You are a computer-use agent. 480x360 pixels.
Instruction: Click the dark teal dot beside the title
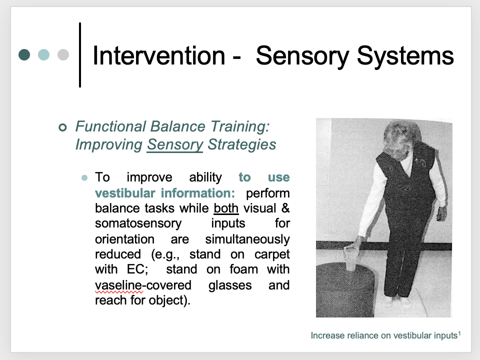(x=24, y=54)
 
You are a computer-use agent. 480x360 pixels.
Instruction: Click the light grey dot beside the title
(x=63, y=54)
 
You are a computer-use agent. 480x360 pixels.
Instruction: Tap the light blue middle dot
(x=44, y=54)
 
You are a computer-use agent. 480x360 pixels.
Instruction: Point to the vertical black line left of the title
(x=80, y=54)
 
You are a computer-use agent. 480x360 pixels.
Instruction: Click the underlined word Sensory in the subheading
(x=175, y=145)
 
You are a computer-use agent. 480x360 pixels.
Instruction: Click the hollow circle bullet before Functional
(x=62, y=127)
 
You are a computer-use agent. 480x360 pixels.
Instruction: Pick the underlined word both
(x=226, y=208)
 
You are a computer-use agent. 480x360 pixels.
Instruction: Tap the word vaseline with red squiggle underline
(x=118, y=285)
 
